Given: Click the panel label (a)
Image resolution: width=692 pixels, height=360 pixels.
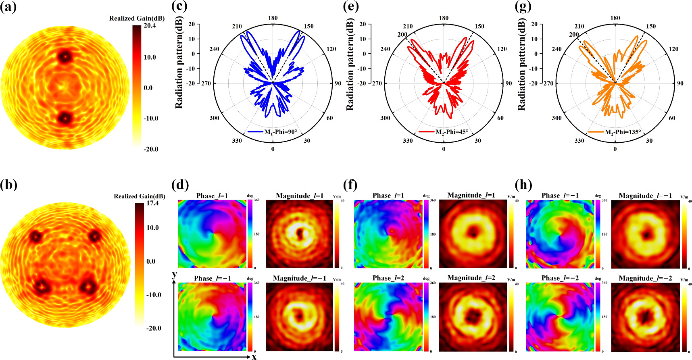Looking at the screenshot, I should click(x=8, y=7).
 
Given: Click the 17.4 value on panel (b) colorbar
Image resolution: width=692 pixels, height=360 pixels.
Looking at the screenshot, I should click(x=152, y=203).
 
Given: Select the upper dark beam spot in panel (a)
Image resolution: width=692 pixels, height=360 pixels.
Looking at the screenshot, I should click(x=64, y=56).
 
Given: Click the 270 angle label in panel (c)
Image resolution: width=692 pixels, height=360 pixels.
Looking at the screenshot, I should click(x=206, y=83).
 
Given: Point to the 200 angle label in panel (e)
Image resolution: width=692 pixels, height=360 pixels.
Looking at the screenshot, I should click(x=402, y=35).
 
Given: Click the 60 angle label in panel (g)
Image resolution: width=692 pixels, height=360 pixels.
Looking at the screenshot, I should click(x=672, y=118).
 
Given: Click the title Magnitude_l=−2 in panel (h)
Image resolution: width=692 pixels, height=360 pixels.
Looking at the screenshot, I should click(x=645, y=278).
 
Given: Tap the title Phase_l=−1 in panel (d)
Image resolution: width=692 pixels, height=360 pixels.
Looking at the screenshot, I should click(x=213, y=278).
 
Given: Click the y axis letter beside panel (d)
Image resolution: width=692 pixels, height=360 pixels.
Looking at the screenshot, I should click(x=175, y=275).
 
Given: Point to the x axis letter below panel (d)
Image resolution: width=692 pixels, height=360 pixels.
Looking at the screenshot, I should click(x=254, y=356).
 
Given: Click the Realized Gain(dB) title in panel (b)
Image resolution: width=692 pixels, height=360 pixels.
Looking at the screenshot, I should click(x=139, y=196).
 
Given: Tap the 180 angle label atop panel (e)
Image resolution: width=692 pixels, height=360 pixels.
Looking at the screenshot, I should click(x=444, y=18).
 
